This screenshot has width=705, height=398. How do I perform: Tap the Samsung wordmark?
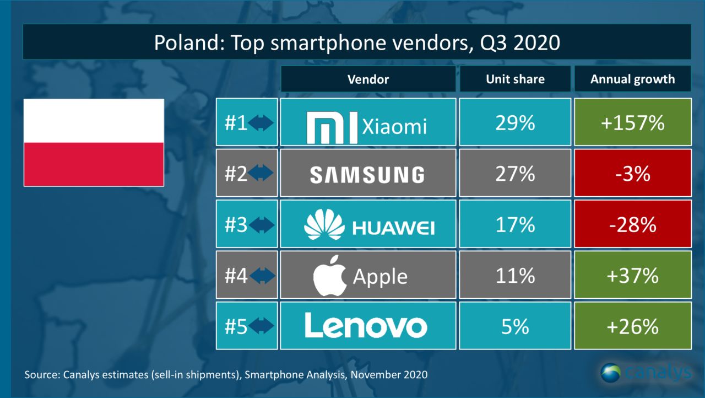tap(367, 175)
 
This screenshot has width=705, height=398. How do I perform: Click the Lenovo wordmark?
tap(366, 326)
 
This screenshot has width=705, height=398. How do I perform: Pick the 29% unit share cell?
tap(515, 123)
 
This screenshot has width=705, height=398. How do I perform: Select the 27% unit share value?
tap(515, 174)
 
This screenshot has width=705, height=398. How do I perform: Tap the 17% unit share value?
tap(515, 225)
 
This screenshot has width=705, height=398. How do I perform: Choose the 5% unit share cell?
tap(515, 326)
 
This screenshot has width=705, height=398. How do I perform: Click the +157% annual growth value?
tap(632, 123)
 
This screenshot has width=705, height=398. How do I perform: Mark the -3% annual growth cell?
tap(632, 174)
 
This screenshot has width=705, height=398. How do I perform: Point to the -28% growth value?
tap(632, 225)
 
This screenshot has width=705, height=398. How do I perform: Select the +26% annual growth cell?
tap(632, 326)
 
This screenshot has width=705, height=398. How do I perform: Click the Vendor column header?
tap(368, 79)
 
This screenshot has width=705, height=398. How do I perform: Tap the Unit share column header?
tap(515, 79)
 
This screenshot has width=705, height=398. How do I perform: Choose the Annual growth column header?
tap(632, 79)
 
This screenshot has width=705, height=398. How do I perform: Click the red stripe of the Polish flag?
tap(94, 164)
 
